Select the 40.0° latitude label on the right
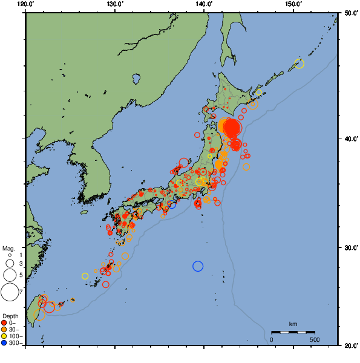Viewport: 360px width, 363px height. [x=349, y=139]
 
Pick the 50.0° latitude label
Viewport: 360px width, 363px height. [x=349, y=13]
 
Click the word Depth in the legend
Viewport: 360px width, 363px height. [x=10, y=316]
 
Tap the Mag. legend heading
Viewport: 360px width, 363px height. [x=8, y=248]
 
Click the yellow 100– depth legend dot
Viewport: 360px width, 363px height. [x=4, y=336]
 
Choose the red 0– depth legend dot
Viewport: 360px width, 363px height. [x=4, y=322]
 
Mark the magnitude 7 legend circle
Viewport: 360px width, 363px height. [x=10, y=292]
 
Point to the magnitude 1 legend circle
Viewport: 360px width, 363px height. [x=10, y=255]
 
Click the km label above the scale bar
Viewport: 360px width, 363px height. [x=293, y=325]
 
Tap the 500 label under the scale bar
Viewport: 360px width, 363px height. [x=315, y=339]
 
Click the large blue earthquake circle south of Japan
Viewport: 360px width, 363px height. [x=198, y=266]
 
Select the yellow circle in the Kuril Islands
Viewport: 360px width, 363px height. [x=299, y=64]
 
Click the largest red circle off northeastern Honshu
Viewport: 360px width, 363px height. [x=232, y=128]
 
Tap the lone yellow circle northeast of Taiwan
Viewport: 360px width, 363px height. [x=85, y=276]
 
